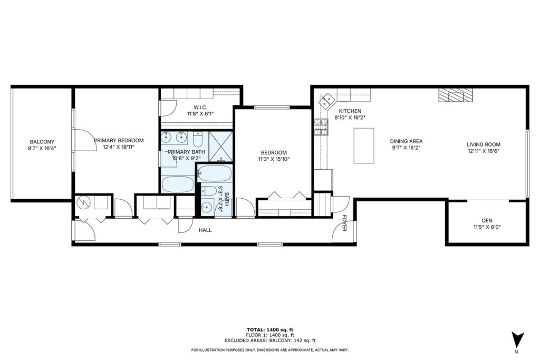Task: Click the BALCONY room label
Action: [42, 141]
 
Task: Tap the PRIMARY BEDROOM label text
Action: [119, 140]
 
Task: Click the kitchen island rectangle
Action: [363, 145]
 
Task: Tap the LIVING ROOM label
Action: [483, 144]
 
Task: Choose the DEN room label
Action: [486, 220]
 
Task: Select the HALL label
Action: [205, 230]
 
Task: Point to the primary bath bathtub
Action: [178, 184]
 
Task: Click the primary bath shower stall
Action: [221, 146]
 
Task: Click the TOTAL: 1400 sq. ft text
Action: [269, 329]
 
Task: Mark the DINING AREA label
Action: [406, 141]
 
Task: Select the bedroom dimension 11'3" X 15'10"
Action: [274, 159]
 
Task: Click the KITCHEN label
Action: [350, 111]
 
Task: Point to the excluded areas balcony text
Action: [269, 340]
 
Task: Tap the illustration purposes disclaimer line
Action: [269, 350]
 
